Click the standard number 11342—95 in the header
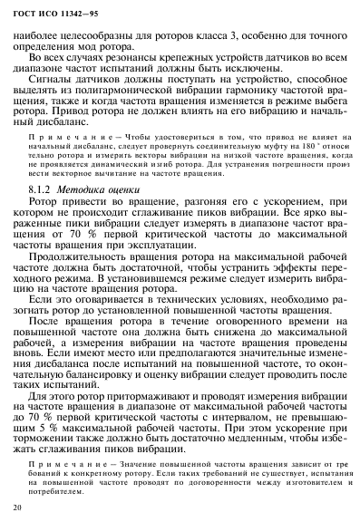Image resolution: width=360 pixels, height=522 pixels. point(71,12)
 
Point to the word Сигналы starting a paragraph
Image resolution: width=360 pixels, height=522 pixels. point(54,92)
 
